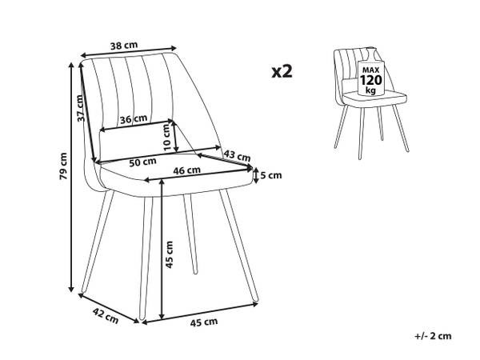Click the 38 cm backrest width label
(x=124, y=46)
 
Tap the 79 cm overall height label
(x=63, y=166)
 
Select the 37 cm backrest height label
(x=80, y=108)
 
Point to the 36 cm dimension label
(x=134, y=119)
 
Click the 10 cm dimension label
(x=167, y=137)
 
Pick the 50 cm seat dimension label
(x=142, y=162)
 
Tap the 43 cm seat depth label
(x=237, y=155)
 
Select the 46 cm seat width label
(x=187, y=170)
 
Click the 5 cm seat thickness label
(x=271, y=175)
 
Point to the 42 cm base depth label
(x=106, y=316)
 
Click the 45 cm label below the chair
(x=204, y=322)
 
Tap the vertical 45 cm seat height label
(x=170, y=254)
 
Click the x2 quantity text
(x=282, y=72)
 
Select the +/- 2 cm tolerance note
(x=433, y=336)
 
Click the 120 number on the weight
(x=371, y=80)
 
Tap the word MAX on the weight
(x=370, y=70)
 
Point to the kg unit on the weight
(x=370, y=90)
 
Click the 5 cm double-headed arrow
(x=256, y=176)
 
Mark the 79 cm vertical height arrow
(x=71, y=178)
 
